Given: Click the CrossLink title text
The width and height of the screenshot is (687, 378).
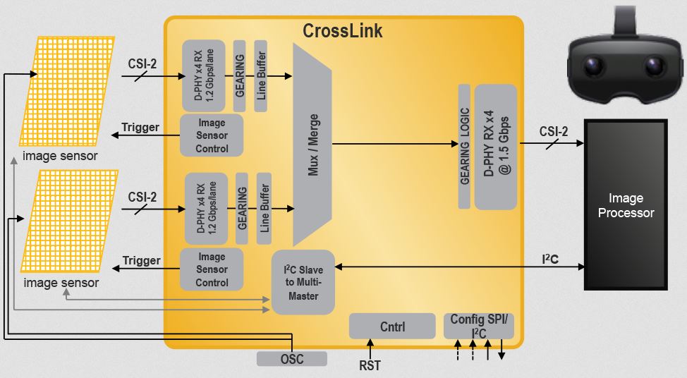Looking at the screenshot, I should coord(343,32).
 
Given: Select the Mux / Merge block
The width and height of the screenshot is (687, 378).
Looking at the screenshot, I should coord(312,145).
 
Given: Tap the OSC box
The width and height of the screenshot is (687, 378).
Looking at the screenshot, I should coord(291,359).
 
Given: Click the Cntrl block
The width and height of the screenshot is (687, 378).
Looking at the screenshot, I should coord(391,327).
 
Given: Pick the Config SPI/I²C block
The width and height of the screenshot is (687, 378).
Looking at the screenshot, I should coord(478,326).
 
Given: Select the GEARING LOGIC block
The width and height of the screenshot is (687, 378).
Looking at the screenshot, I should coord(464,146).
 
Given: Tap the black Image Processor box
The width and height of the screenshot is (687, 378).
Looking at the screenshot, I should coord(626,205).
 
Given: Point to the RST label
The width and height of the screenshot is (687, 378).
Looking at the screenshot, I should coord(370,365).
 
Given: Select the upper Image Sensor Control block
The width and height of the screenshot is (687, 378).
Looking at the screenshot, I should coord(212,135).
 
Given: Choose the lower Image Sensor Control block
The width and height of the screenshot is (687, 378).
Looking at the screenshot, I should coord(212,269).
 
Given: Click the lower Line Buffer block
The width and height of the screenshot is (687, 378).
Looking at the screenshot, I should coord(264,208).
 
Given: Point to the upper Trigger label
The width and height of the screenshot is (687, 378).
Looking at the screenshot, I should coord(141,128).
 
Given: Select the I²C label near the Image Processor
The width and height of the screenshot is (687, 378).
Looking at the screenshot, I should coord(550,260).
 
